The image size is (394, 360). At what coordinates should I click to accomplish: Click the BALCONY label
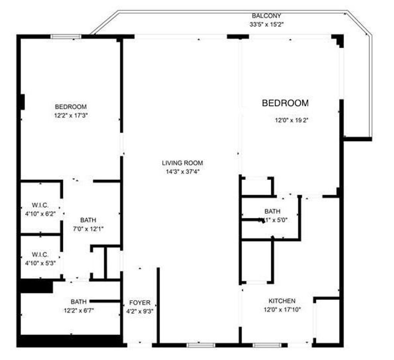[266, 16]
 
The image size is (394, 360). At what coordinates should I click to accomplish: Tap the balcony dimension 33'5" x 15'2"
[266, 24]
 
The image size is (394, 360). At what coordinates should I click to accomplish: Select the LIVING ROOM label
[182, 163]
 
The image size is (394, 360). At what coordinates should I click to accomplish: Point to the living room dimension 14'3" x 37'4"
[182, 171]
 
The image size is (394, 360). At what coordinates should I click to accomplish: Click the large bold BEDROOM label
[285, 103]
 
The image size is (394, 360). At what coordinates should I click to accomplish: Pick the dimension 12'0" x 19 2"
[292, 120]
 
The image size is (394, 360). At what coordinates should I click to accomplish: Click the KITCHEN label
[282, 301]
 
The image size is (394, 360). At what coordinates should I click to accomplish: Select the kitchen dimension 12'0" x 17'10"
[282, 309]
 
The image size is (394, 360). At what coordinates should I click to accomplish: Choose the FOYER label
[140, 303]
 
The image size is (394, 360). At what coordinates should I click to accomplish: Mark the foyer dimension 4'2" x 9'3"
[140, 311]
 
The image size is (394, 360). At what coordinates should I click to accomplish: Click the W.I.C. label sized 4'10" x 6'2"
[40, 205]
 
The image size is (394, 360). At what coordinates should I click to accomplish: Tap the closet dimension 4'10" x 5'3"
[40, 263]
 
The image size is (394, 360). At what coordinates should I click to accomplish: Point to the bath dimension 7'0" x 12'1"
[88, 228]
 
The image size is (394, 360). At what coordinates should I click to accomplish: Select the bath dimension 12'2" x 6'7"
[78, 310]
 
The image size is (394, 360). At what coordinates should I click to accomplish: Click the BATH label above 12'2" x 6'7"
[78, 301]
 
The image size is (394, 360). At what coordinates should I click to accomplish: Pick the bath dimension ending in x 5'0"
[273, 220]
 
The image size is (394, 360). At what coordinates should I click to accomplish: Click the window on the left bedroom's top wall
[66, 37]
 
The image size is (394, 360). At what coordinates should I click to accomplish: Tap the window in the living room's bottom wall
[200, 345]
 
